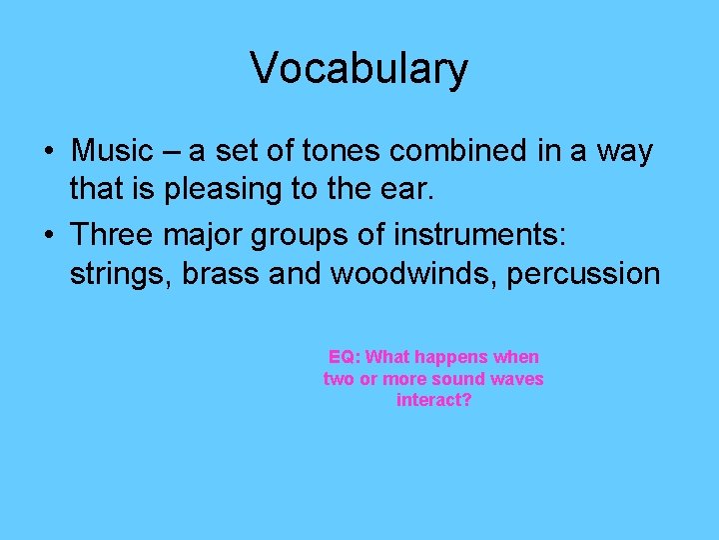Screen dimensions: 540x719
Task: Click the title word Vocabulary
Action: tap(359, 68)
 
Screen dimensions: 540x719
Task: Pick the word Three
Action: tap(112, 236)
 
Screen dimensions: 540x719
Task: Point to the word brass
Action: tap(223, 273)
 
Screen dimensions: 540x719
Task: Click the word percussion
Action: tap(583, 274)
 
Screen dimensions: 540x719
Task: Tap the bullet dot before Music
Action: tap(48, 152)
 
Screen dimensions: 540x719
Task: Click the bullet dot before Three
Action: tap(48, 237)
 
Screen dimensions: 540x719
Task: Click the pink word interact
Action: tap(432, 400)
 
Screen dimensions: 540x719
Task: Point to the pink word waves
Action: tap(518, 379)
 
